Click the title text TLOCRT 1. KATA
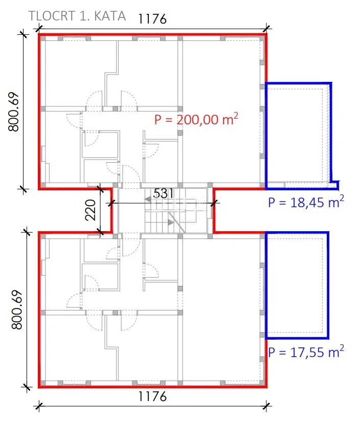pyautogui.click(x=77, y=16)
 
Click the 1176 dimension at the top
pyautogui.click(x=152, y=19)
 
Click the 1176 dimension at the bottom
pyautogui.click(x=152, y=396)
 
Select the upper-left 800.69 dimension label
pyautogui.click(x=14, y=112)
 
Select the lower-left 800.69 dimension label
pyautogui.click(x=17, y=309)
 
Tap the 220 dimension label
pyautogui.click(x=91, y=210)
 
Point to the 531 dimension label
pyautogui.click(x=164, y=193)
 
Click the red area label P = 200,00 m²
pyautogui.click(x=196, y=119)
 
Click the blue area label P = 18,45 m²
pyautogui.click(x=306, y=202)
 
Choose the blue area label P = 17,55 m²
pyautogui.click(x=306, y=352)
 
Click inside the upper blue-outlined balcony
pyautogui.click(x=298, y=134)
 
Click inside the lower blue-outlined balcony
pyautogui.click(x=297, y=285)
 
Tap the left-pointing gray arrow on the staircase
pyautogui.click(x=147, y=200)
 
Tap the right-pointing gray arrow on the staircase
pyautogui.click(x=171, y=223)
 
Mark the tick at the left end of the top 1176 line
pyautogui.click(x=39, y=28)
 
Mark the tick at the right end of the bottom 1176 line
pyautogui.click(x=266, y=406)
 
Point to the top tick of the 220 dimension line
pyautogui.click(x=100, y=189)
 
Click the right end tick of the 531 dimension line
pyautogui.click(x=213, y=203)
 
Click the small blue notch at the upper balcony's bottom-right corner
pyautogui.click(x=334, y=185)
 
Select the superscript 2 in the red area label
pyautogui.click(x=235, y=116)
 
